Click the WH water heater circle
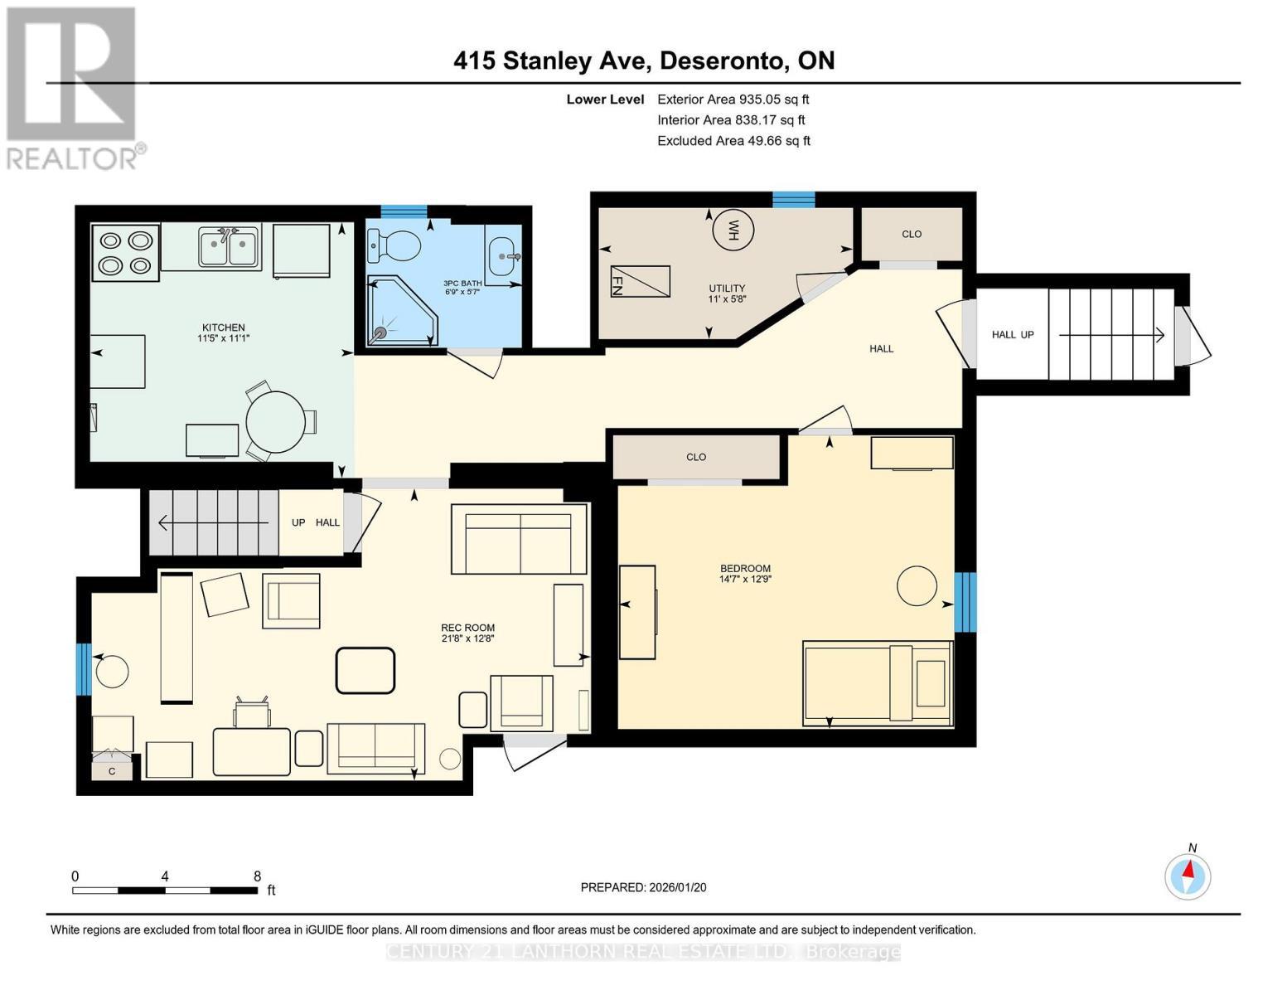coord(733,230)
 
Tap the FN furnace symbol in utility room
coord(640,281)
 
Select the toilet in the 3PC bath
coord(396,244)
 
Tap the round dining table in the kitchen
coord(275,421)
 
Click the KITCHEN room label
coord(223,328)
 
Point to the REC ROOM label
coord(467,628)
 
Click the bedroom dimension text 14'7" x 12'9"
coord(745,580)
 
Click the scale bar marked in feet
coord(165,891)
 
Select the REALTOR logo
coord(73,88)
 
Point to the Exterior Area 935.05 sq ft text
coord(733,99)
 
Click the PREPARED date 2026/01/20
coord(643,887)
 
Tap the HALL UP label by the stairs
coord(1013,335)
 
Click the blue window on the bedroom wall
coord(965,602)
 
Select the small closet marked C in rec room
coord(112,771)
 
